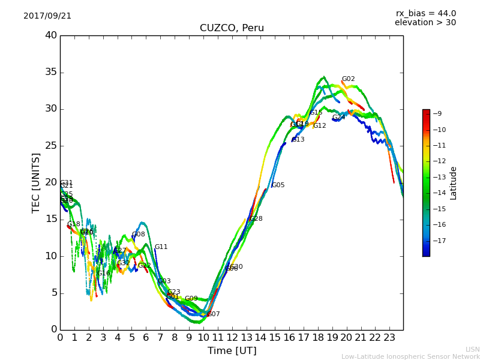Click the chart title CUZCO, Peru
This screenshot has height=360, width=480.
click(232, 28)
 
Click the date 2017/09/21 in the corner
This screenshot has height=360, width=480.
click(47, 16)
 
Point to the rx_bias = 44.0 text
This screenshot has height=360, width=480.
click(425, 13)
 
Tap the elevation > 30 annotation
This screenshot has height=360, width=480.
click(425, 23)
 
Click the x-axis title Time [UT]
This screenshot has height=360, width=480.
click(232, 350)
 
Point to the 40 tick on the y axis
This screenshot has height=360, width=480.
click(50, 35)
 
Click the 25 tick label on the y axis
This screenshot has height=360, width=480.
click(50, 146)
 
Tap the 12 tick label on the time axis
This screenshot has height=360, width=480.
click(232, 338)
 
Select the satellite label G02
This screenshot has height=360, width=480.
click(348, 79)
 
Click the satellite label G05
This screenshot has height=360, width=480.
click(278, 185)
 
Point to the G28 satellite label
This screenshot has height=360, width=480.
click(256, 219)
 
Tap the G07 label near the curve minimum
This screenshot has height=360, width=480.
click(214, 314)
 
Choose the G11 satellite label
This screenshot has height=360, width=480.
click(161, 247)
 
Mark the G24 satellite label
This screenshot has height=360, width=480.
click(339, 118)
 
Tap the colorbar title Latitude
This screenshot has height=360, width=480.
click(454, 183)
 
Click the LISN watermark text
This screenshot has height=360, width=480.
click(472, 349)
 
